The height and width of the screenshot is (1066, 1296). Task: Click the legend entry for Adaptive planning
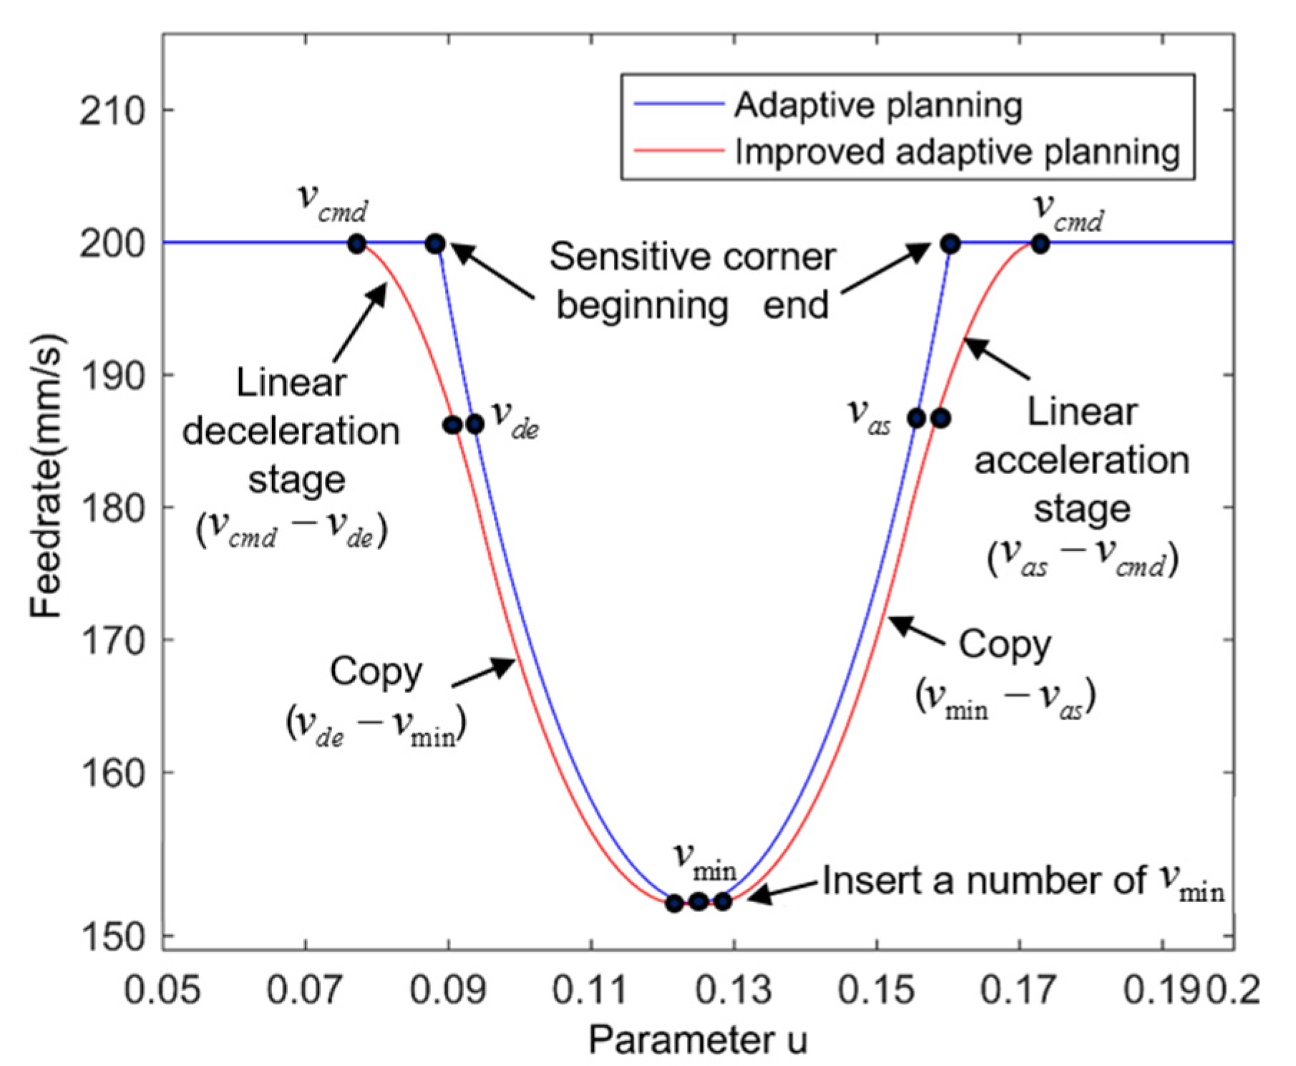click(x=877, y=106)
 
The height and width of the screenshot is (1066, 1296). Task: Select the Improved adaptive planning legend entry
click(x=957, y=152)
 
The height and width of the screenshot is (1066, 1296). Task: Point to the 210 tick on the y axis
click(x=112, y=111)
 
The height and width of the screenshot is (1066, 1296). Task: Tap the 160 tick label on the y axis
click(x=112, y=773)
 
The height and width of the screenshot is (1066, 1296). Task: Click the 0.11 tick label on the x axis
click(x=590, y=991)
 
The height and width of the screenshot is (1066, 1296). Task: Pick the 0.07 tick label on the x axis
click(x=305, y=991)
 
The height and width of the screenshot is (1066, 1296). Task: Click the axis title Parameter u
click(x=697, y=1040)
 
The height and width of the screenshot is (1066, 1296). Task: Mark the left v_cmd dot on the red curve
click(x=356, y=244)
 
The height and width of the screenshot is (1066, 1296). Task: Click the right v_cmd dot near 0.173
click(x=1040, y=244)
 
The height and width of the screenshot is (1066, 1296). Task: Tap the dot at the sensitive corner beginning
click(x=435, y=244)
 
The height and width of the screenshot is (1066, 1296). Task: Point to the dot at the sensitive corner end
click(x=950, y=244)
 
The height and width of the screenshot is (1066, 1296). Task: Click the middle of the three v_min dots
click(x=698, y=901)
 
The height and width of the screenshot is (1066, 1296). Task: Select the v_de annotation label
click(x=515, y=419)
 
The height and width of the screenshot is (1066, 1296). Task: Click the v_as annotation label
click(x=869, y=415)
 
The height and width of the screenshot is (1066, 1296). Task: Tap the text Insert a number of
click(x=983, y=881)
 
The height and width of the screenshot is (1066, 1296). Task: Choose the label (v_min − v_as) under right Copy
click(x=1005, y=696)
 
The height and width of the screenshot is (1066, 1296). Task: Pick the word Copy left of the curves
click(x=376, y=672)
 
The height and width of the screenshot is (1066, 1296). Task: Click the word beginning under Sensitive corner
click(x=642, y=306)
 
